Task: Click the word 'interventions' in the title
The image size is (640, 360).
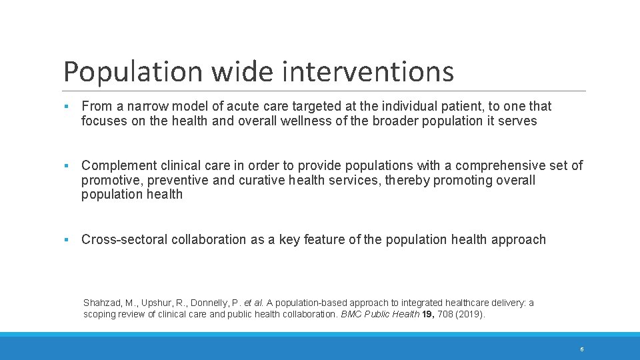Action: click(367, 72)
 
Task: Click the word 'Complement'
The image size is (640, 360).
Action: click(119, 166)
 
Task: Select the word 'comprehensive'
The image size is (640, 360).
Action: click(493, 166)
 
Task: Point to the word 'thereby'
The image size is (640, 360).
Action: click(407, 181)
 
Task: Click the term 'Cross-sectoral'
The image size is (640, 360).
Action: click(125, 240)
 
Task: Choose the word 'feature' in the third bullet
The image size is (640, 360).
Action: click(325, 240)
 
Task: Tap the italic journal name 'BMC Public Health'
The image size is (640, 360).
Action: click(381, 315)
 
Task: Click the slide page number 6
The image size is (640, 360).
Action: click(582, 349)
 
